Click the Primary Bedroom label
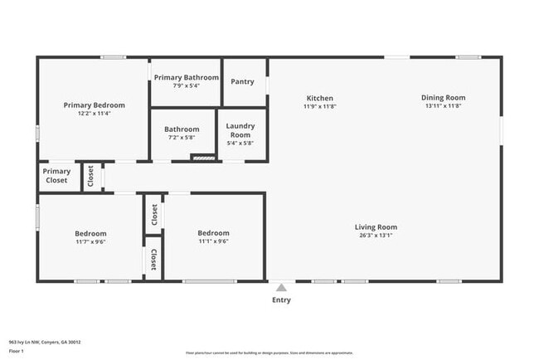click(95, 105)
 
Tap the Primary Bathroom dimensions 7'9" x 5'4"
click(186, 85)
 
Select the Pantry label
click(243, 81)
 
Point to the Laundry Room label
click(240, 130)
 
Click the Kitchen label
click(320, 98)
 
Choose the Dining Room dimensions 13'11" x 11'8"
click(444, 106)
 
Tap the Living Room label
click(376, 226)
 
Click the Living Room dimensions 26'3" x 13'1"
click(376, 236)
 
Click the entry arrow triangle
click(282, 288)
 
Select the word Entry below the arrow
click(282, 300)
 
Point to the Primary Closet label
click(56, 176)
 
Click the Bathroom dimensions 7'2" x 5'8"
click(182, 138)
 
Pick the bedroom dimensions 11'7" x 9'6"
click(90, 242)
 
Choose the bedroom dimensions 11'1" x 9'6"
click(213, 241)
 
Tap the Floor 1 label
click(17, 351)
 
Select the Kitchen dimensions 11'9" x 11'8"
click(320, 106)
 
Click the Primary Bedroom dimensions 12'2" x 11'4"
click(95, 114)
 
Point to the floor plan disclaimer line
click(269, 353)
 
